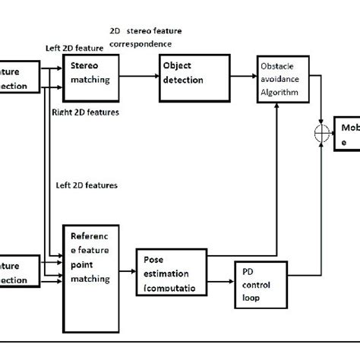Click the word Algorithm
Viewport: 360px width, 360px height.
279,93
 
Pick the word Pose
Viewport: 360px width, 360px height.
152,260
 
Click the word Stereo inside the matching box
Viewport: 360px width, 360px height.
84,65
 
